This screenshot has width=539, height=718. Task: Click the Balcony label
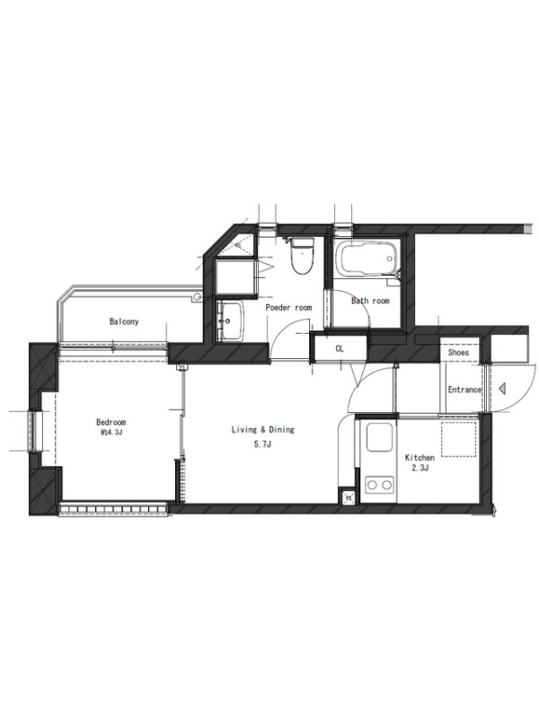pyautogui.click(x=124, y=321)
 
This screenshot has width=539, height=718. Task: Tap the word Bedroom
pyautogui.click(x=110, y=422)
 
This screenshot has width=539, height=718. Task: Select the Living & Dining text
pyautogui.click(x=262, y=430)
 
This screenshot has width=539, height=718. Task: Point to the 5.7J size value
pyautogui.click(x=262, y=443)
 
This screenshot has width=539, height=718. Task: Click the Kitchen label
pyautogui.click(x=420, y=458)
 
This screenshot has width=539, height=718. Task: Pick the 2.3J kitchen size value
pyautogui.click(x=420, y=468)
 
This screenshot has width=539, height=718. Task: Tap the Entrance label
pyautogui.click(x=464, y=390)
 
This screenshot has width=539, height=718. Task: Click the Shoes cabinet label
pyautogui.click(x=458, y=352)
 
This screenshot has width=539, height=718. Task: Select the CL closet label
pyautogui.click(x=340, y=349)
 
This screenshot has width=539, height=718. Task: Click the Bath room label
pyautogui.click(x=370, y=301)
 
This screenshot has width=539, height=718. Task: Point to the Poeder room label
pyautogui.click(x=288, y=307)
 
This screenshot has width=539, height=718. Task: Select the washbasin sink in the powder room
pyautogui.click(x=232, y=321)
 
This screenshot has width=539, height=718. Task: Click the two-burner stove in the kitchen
pyautogui.click(x=379, y=484)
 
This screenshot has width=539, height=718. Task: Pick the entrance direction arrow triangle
pyautogui.click(x=502, y=390)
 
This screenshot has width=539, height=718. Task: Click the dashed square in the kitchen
pyautogui.click(x=459, y=440)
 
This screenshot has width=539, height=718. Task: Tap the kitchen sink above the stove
pyautogui.click(x=379, y=437)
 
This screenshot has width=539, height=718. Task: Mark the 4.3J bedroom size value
pyautogui.click(x=111, y=433)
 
